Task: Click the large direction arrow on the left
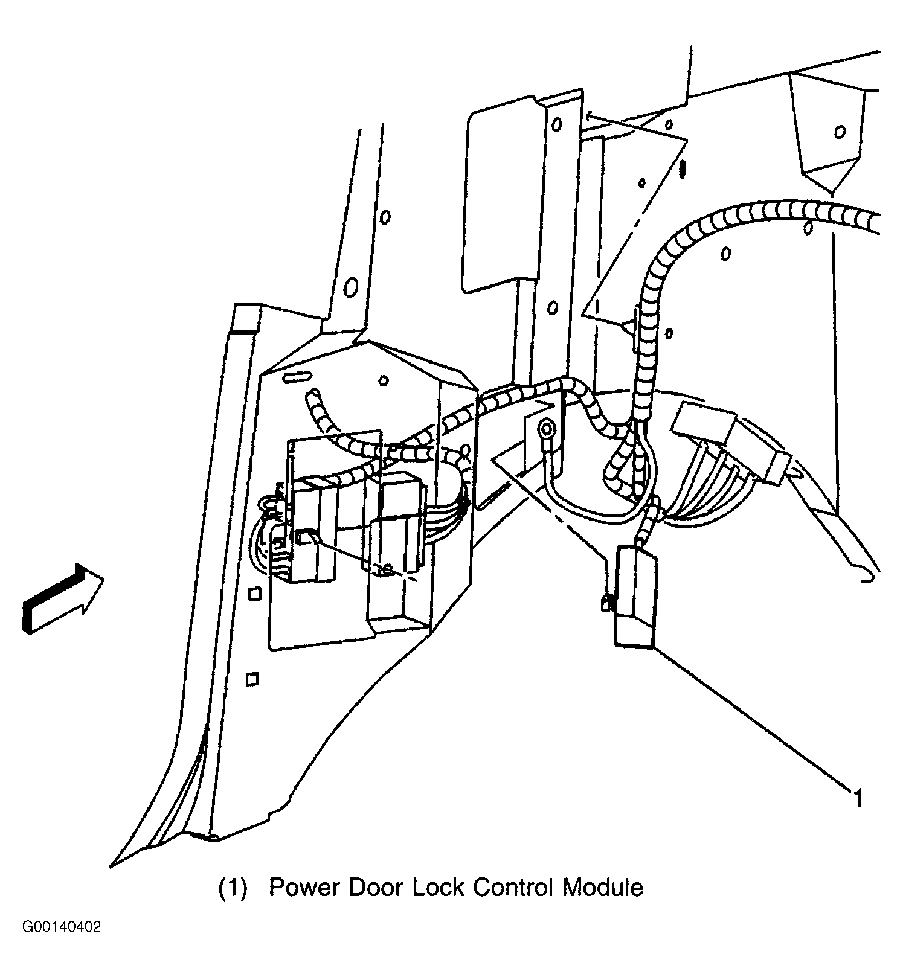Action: [62, 599]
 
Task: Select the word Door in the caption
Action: [376, 887]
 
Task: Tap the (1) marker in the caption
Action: [233, 888]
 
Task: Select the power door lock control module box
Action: [635, 597]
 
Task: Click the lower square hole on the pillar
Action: [252, 679]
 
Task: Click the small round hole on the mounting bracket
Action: [382, 380]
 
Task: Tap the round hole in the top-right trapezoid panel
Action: [839, 132]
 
